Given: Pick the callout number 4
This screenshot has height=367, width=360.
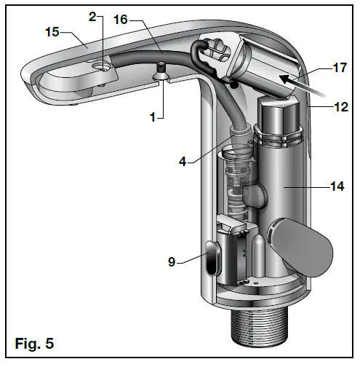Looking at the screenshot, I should coord(188,162).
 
